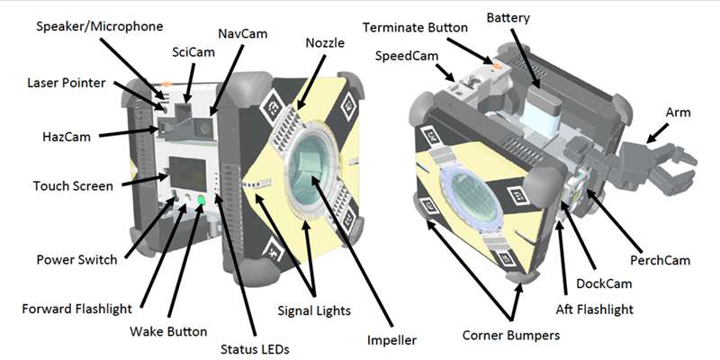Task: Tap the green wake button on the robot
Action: [202, 200]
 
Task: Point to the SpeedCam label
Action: [406, 56]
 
